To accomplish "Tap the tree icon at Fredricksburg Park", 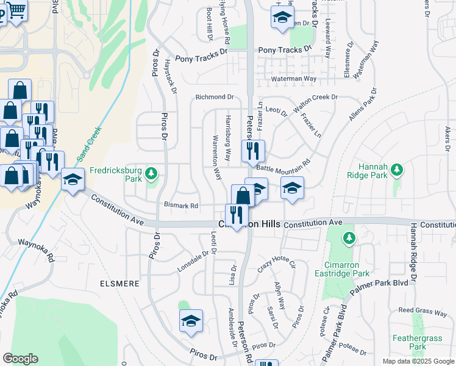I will pyautogui.click(x=151, y=175).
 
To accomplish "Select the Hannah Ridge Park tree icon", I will pyautogui.click(x=397, y=169).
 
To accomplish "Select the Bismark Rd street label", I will pyautogui.click(x=181, y=206).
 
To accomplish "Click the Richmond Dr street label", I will pyautogui.click(x=215, y=97).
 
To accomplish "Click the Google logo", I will pyautogui.click(x=20, y=359).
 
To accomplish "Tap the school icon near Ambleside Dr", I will pyautogui.click(x=191, y=321).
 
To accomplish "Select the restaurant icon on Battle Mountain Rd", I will pyautogui.click(x=253, y=150).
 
